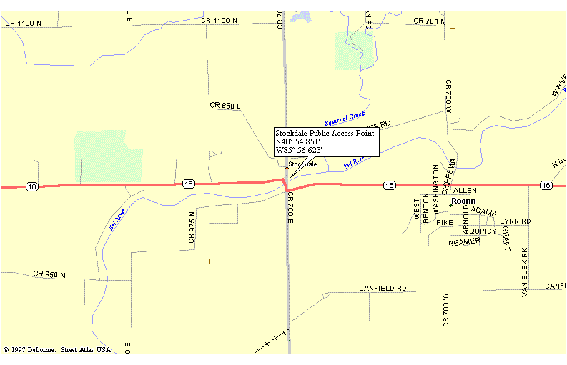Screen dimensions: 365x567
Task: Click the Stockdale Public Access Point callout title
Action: (x=325, y=134)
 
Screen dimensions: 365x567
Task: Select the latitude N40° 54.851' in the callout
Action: (x=299, y=142)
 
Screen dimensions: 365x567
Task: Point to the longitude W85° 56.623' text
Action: (x=299, y=151)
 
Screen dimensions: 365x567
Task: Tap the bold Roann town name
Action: (x=463, y=201)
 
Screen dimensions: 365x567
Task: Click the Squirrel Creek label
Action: (x=345, y=117)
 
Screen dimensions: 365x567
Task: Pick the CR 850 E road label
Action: (x=225, y=106)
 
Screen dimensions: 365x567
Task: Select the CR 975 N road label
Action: (x=192, y=227)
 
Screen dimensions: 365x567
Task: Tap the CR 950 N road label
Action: (x=49, y=274)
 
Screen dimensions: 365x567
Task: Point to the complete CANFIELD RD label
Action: (x=383, y=289)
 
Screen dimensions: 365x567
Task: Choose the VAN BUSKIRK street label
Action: (x=525, y=272)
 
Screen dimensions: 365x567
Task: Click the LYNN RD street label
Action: (x=515, y=221)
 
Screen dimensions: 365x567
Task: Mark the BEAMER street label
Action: (x=464, y=243)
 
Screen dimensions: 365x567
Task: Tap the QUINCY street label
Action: (x=483, y=231)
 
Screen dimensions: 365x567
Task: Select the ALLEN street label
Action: (x=465, y=191)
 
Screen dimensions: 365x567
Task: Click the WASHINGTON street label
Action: (x=436, y=189)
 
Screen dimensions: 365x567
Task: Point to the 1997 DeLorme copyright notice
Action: (x=57, y=350)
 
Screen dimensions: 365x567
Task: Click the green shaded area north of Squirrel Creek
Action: (x=355, y=50)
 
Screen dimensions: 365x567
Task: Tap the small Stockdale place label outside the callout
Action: (x=302, y=165)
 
